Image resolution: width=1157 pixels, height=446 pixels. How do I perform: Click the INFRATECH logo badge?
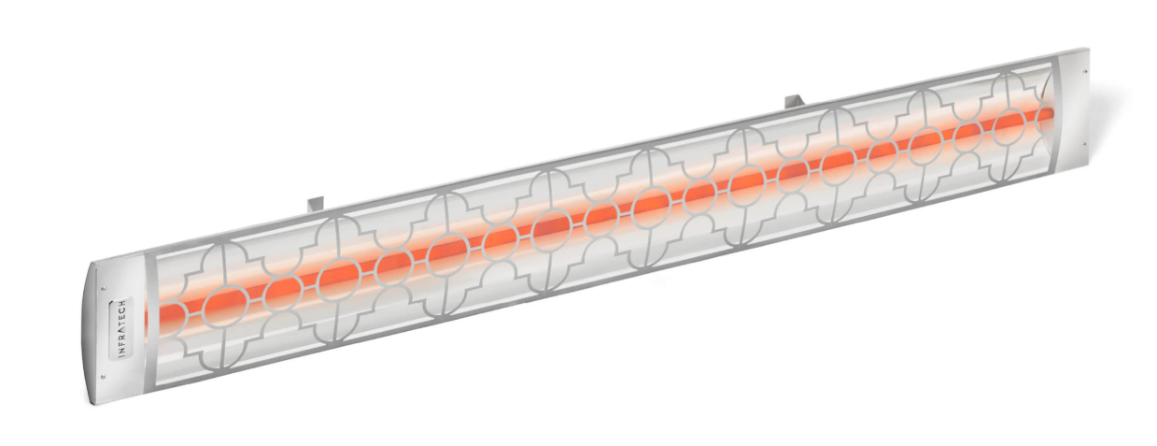coord(122,327)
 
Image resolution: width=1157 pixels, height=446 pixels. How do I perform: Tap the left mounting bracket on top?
coord(314,203)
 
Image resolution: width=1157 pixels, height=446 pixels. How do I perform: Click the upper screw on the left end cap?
coord(105,288)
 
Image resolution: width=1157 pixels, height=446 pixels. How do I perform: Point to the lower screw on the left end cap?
coord(104,377)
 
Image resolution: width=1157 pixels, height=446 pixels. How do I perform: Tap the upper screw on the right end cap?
coord(1085,71)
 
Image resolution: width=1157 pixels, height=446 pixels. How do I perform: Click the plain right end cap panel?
coord(1074,111)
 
